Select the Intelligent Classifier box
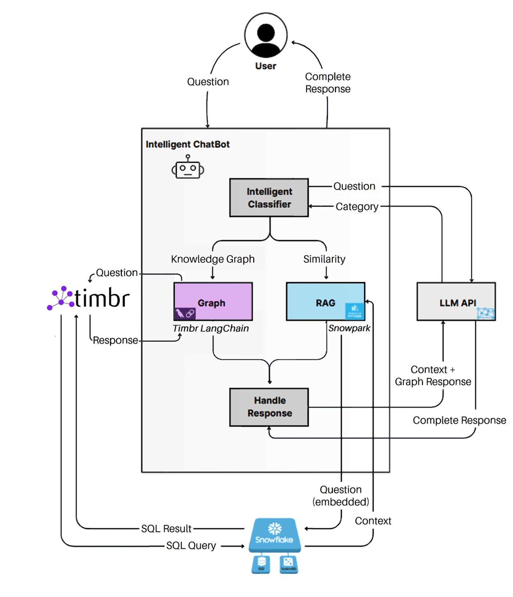point(269,198)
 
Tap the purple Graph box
point(213,301)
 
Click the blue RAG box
point(325,301)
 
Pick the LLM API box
point(456,301)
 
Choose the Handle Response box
point(269,407)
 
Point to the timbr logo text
point(102,298)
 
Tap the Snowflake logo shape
point(274,535)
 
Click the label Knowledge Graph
point(212,259)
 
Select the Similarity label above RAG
point(324,259)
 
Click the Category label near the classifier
point(357,206)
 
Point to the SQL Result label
point(166,528)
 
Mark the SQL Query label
point(191,546)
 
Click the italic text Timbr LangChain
point(210,328)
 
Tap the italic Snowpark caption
point(349,328)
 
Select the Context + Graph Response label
point(433,376)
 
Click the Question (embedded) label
point(341,496)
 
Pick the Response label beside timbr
point(115,340)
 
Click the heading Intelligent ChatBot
point(188,145)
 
